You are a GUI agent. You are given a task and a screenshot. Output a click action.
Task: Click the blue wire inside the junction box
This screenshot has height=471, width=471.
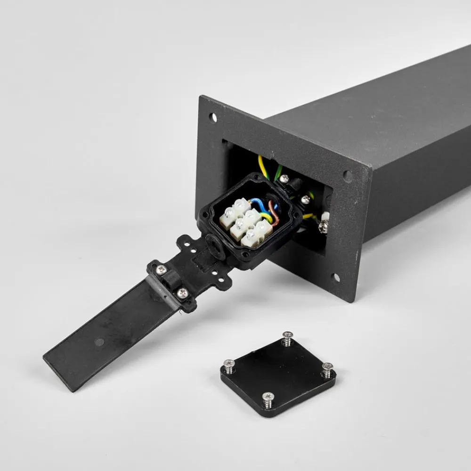[x=257, y=203]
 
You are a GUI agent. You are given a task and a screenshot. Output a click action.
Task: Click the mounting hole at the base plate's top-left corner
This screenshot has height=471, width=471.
[x=213, y=117]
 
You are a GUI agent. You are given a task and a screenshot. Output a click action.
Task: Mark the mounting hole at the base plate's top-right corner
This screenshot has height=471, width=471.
[x=348, y=176]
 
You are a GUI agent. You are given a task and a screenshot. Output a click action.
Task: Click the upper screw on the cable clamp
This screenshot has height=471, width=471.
[x=162, y=270]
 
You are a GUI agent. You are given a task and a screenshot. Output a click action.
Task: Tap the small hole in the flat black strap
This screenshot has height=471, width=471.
[x=98, y=341]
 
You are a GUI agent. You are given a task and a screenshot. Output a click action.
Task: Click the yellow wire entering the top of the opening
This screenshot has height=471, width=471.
[x=262, y=168]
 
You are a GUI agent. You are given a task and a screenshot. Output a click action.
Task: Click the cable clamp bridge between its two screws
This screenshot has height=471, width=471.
[x=171, y=282]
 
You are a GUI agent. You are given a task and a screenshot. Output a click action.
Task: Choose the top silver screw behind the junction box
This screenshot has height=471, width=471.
[x=284, y=179]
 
